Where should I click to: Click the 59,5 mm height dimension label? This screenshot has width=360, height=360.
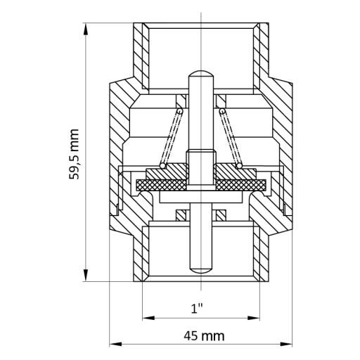[74, 154]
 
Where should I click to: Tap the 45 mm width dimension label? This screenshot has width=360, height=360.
[204, 336]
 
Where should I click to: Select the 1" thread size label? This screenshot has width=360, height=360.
[197, 308]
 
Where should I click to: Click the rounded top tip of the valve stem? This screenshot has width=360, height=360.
[201, 73]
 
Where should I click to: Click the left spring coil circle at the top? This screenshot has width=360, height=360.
[180, 111]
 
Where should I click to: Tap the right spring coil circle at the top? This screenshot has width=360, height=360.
[222, 111]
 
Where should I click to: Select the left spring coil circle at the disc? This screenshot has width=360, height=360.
[162, 166]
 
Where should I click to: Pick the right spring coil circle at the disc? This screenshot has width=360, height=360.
[239, 166]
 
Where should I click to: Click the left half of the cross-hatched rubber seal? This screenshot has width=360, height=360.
[162, 185]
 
